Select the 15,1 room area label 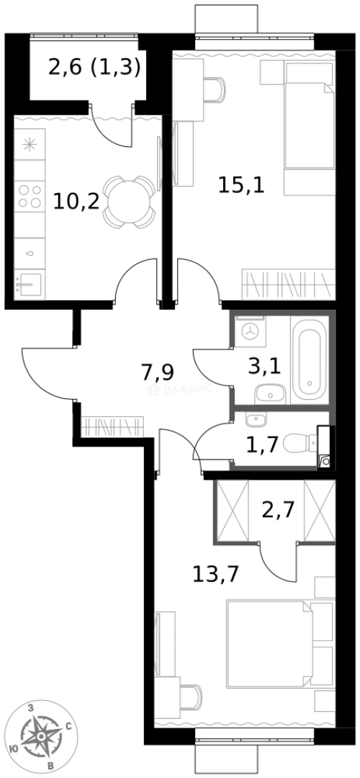[242, 186]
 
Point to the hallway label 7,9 [158, 373]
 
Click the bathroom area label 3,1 [264, 367]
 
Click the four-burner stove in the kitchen [30, 197]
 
